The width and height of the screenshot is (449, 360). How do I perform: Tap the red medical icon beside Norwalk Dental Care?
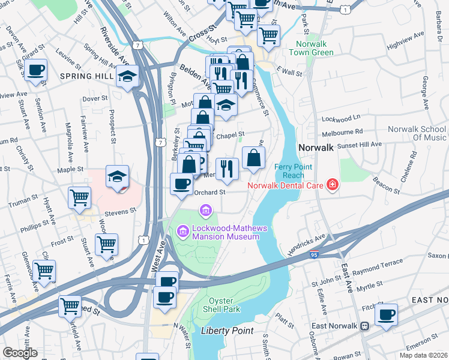tap(332, 185)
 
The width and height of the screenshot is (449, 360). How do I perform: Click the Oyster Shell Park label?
tap(224, 304)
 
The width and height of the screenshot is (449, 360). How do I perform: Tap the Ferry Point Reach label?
tap(295, 170)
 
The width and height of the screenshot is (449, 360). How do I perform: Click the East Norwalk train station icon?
tap(364, 326)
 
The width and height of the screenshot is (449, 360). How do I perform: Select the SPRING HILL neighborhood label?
tap(88, 76)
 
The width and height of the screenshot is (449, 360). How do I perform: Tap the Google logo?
tap(20, 353)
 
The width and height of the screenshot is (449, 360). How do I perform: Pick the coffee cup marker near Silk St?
tap(36, 69)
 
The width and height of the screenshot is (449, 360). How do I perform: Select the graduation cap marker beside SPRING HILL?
tap(128, 76)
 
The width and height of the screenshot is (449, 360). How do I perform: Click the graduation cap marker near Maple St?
tap(118, 176)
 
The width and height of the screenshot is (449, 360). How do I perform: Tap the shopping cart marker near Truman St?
tap(79, 197)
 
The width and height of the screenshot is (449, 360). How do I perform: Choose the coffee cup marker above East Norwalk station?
tap(386, 314)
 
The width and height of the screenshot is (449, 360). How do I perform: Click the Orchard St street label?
tap(209, 193)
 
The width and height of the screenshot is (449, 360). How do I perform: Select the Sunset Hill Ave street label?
tap(361, 145)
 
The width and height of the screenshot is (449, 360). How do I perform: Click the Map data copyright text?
tap(423, 355)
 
